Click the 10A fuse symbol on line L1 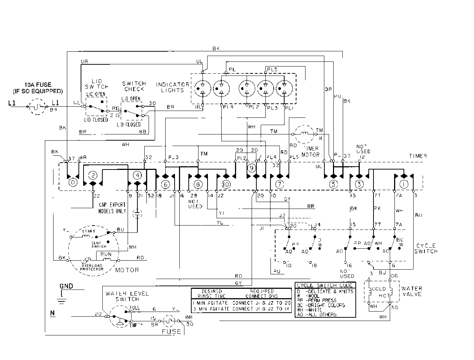click(37, 107)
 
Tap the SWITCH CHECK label click(134, 86)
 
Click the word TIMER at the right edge click(418, 156)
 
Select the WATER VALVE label click(412, 291)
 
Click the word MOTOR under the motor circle click(127, 270)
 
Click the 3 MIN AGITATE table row click(241, 309)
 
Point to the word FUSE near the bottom click(171, 331)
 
